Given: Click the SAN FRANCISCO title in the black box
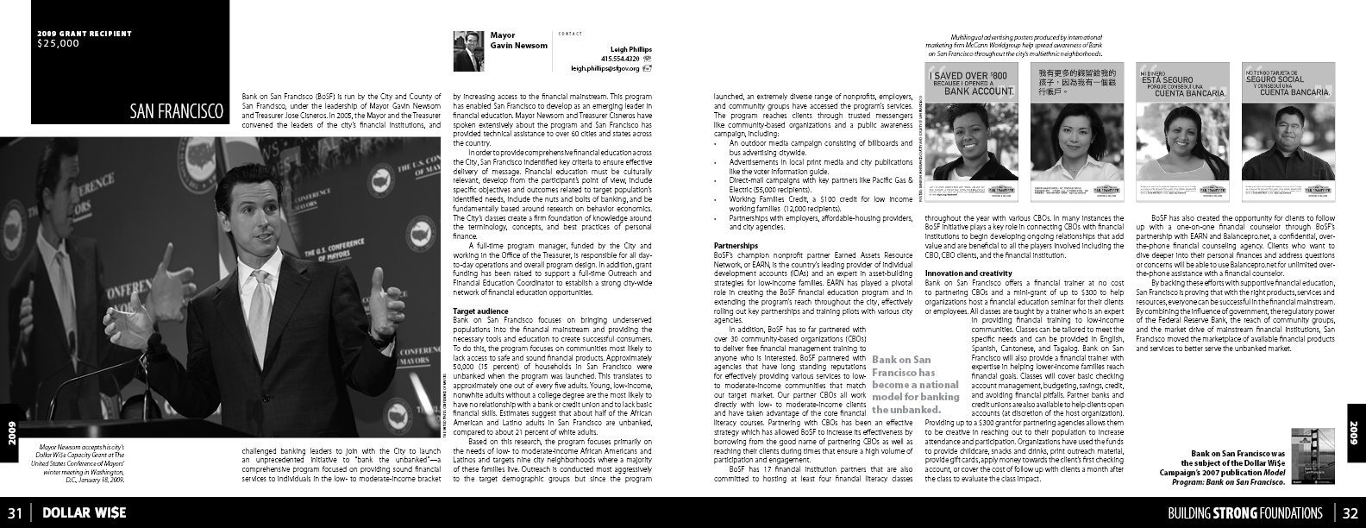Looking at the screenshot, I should tap(178, 111).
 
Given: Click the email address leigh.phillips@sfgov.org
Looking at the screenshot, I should tap(605, 67).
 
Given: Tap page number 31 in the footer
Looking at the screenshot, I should tap(15, 512).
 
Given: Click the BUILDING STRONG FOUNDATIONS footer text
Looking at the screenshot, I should tap(1244, 512).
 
